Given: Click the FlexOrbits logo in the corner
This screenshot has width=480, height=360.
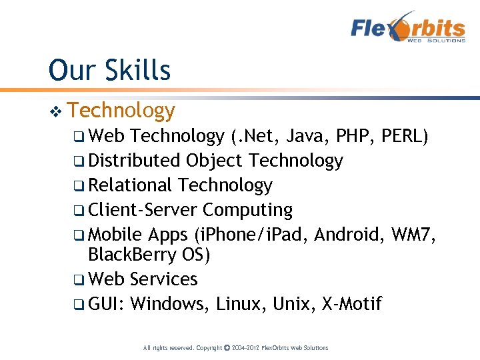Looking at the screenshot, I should point(408,28).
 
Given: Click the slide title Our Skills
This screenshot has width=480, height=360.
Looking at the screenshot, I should point(109,70).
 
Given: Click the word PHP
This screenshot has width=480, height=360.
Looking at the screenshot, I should point(351,137).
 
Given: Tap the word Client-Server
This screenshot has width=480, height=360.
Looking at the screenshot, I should point(143,210).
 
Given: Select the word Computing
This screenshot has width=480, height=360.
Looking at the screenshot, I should point(247,210).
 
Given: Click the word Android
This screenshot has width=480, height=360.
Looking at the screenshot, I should point(350,235).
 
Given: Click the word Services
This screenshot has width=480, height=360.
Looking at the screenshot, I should point(164,279).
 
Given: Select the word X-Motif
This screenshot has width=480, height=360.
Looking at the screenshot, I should point(351,305).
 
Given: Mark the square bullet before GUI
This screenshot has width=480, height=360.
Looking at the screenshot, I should point(79,305).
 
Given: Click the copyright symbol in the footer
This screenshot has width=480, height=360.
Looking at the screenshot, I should point(228,347).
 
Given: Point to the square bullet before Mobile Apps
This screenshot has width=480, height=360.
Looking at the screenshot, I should point(79,235).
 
